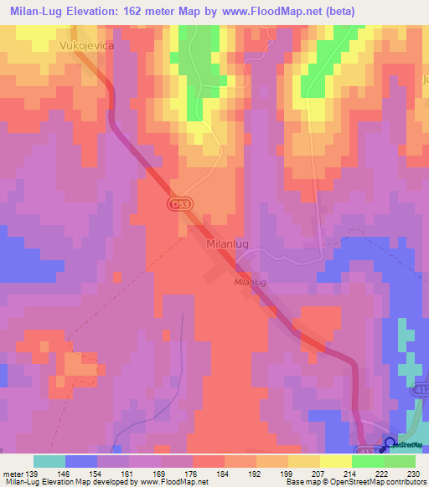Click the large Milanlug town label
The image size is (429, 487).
pos(227,244)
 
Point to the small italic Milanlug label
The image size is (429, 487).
pos(250,284)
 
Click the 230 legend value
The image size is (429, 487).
pos(414,474)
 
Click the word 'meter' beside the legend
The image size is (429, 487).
pos(14,474)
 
